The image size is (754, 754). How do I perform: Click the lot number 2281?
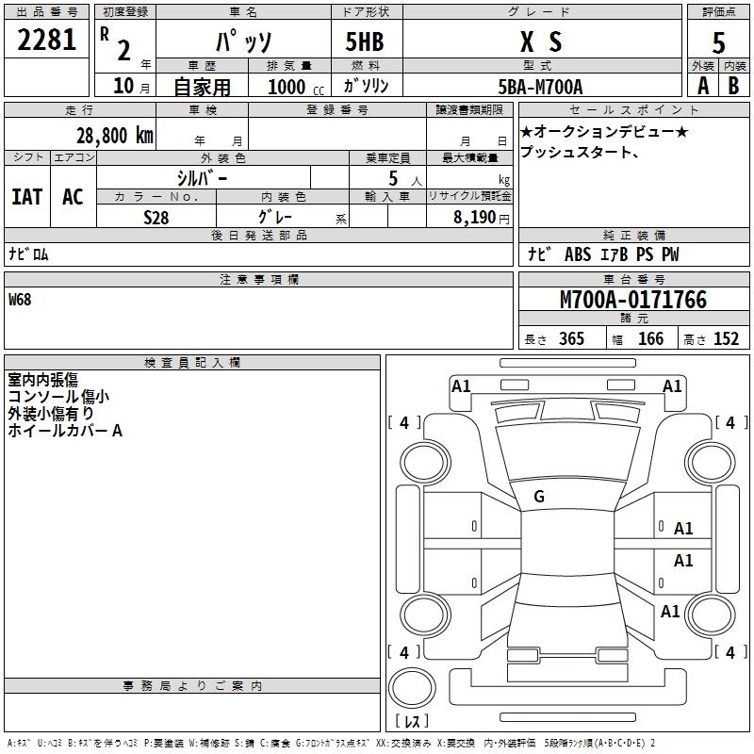[x=47, y=41]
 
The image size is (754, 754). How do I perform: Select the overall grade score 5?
[x=718, y=41]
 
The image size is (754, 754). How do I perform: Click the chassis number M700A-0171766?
[x=633, y=300]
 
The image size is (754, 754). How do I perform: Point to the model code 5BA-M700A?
[x=540, y=86]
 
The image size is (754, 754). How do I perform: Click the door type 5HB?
[x=365, y=41]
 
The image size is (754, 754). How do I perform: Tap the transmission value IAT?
[x=26, y=197]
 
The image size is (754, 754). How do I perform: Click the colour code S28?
[x=156, y=217]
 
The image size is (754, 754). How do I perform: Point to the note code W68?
[x=22, y=301]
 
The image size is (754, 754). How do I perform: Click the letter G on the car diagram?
[x=539, y=497]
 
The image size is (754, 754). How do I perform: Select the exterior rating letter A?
[x=702, y=86]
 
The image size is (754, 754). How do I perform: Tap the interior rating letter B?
[x=733, y=86]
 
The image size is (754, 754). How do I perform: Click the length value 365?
[x=568, y=339]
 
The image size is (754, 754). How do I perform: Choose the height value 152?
[x=725, y=339]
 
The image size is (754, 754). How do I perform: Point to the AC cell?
[x=73, y=197]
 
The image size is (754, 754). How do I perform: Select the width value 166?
[x=650, y=339]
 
